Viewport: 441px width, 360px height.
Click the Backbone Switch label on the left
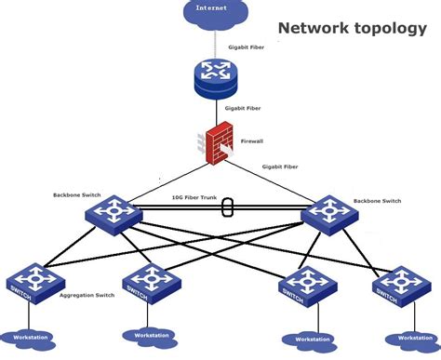(77, 195)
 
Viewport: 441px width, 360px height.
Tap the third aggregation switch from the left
(301, 286)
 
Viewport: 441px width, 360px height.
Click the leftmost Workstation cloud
(27, 337)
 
